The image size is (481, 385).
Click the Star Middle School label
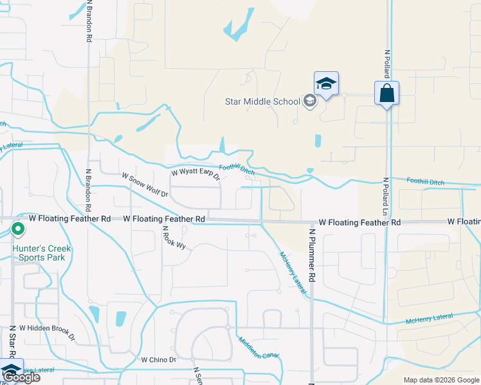pos(262,101)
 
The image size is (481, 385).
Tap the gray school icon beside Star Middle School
pos(310,101)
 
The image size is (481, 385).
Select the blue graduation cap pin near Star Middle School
pos(326,84)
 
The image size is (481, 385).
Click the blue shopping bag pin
pos(386,93)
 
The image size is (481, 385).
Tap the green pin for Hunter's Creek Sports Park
pos(19,228)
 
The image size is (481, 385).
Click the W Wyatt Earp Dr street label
pos(195,173)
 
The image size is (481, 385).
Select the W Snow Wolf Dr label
pos(145,185)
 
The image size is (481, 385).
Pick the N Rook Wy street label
pos(173,237)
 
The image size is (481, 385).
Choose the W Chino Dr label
pos(158,359)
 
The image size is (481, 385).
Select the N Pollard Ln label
pos(386,196)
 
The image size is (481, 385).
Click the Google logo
pos(21,377)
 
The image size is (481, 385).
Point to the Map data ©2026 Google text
pos(441,380)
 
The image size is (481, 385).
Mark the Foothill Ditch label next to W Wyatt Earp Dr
pos(237,169)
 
